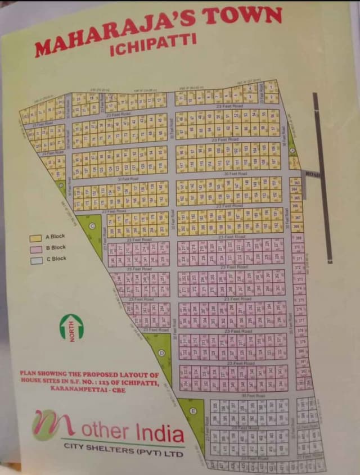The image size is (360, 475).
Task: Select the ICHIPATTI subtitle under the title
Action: [x=153, y=45]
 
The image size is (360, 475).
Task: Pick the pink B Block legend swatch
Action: [x=36, y=249]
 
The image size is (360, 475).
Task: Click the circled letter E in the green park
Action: [x=193, y=411]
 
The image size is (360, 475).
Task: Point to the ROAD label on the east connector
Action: [x=312, y=175]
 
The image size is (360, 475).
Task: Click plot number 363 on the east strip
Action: [x=296, y=182]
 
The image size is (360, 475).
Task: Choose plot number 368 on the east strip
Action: [x=297, y=227]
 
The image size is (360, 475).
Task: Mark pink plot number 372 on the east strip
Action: [x=299, y=269]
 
